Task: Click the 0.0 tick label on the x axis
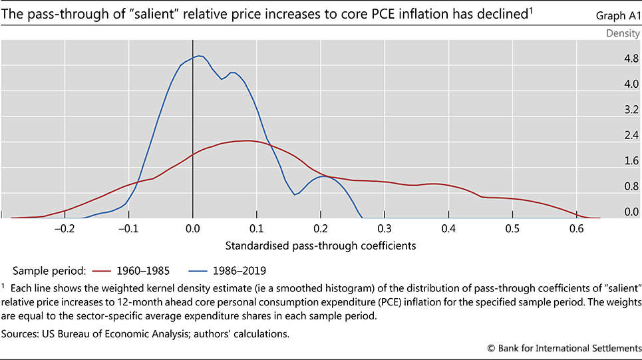tap(192, 228)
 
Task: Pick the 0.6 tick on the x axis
tap(576, 228)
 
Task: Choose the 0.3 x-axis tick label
tap(385, 228)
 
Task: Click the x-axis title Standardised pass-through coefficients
tap(321, 246)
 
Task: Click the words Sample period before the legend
tap(46, 272)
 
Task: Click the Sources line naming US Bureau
tap(149, 333)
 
